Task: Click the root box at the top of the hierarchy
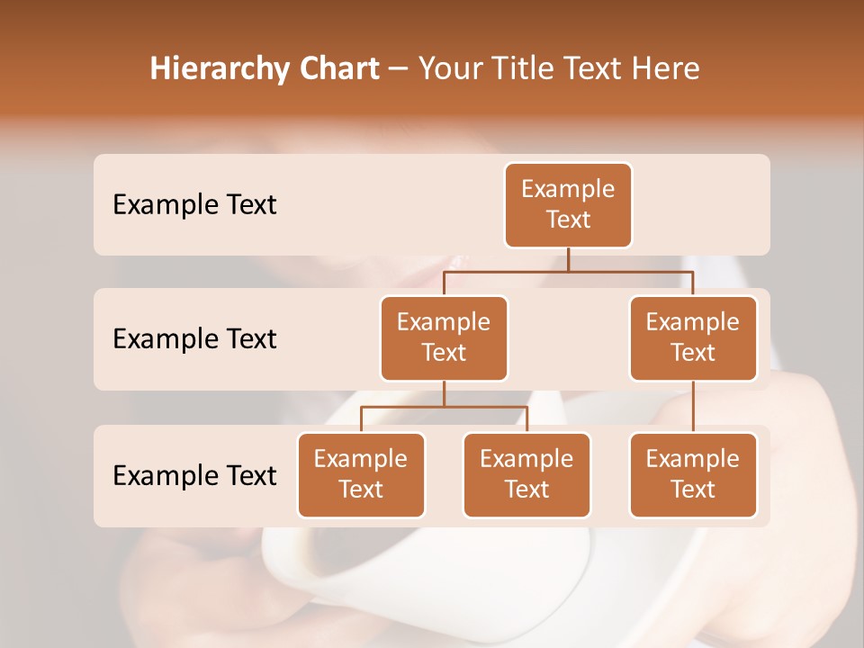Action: coord(568,204)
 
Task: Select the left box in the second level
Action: coord(444,337)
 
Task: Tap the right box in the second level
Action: coord(693,337)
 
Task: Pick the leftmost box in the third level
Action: coord(361,474)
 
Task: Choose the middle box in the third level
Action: coord(526,474)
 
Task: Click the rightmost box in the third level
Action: coord(693,474)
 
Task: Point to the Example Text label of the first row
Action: coord(194,204)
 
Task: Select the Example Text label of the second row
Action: coord(194,338)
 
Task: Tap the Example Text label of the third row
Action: coord(194,475)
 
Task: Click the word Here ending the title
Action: coord(666,68)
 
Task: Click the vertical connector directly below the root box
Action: coord(568,259)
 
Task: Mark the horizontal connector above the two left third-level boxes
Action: coord(444,407)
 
